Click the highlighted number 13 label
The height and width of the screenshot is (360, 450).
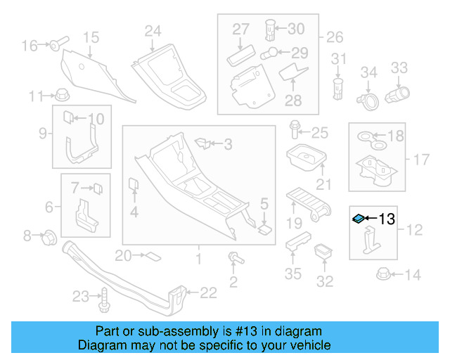(x=387, y=219)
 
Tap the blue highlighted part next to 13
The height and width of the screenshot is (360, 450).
(x=359, y=219)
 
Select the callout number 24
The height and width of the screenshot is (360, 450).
(x=153, y=30)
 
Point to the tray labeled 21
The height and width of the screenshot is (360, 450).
(x=304, y=160)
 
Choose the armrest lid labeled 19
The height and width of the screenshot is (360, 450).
(x=308, y=202)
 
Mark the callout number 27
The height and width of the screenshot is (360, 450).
(x=241, y=29)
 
